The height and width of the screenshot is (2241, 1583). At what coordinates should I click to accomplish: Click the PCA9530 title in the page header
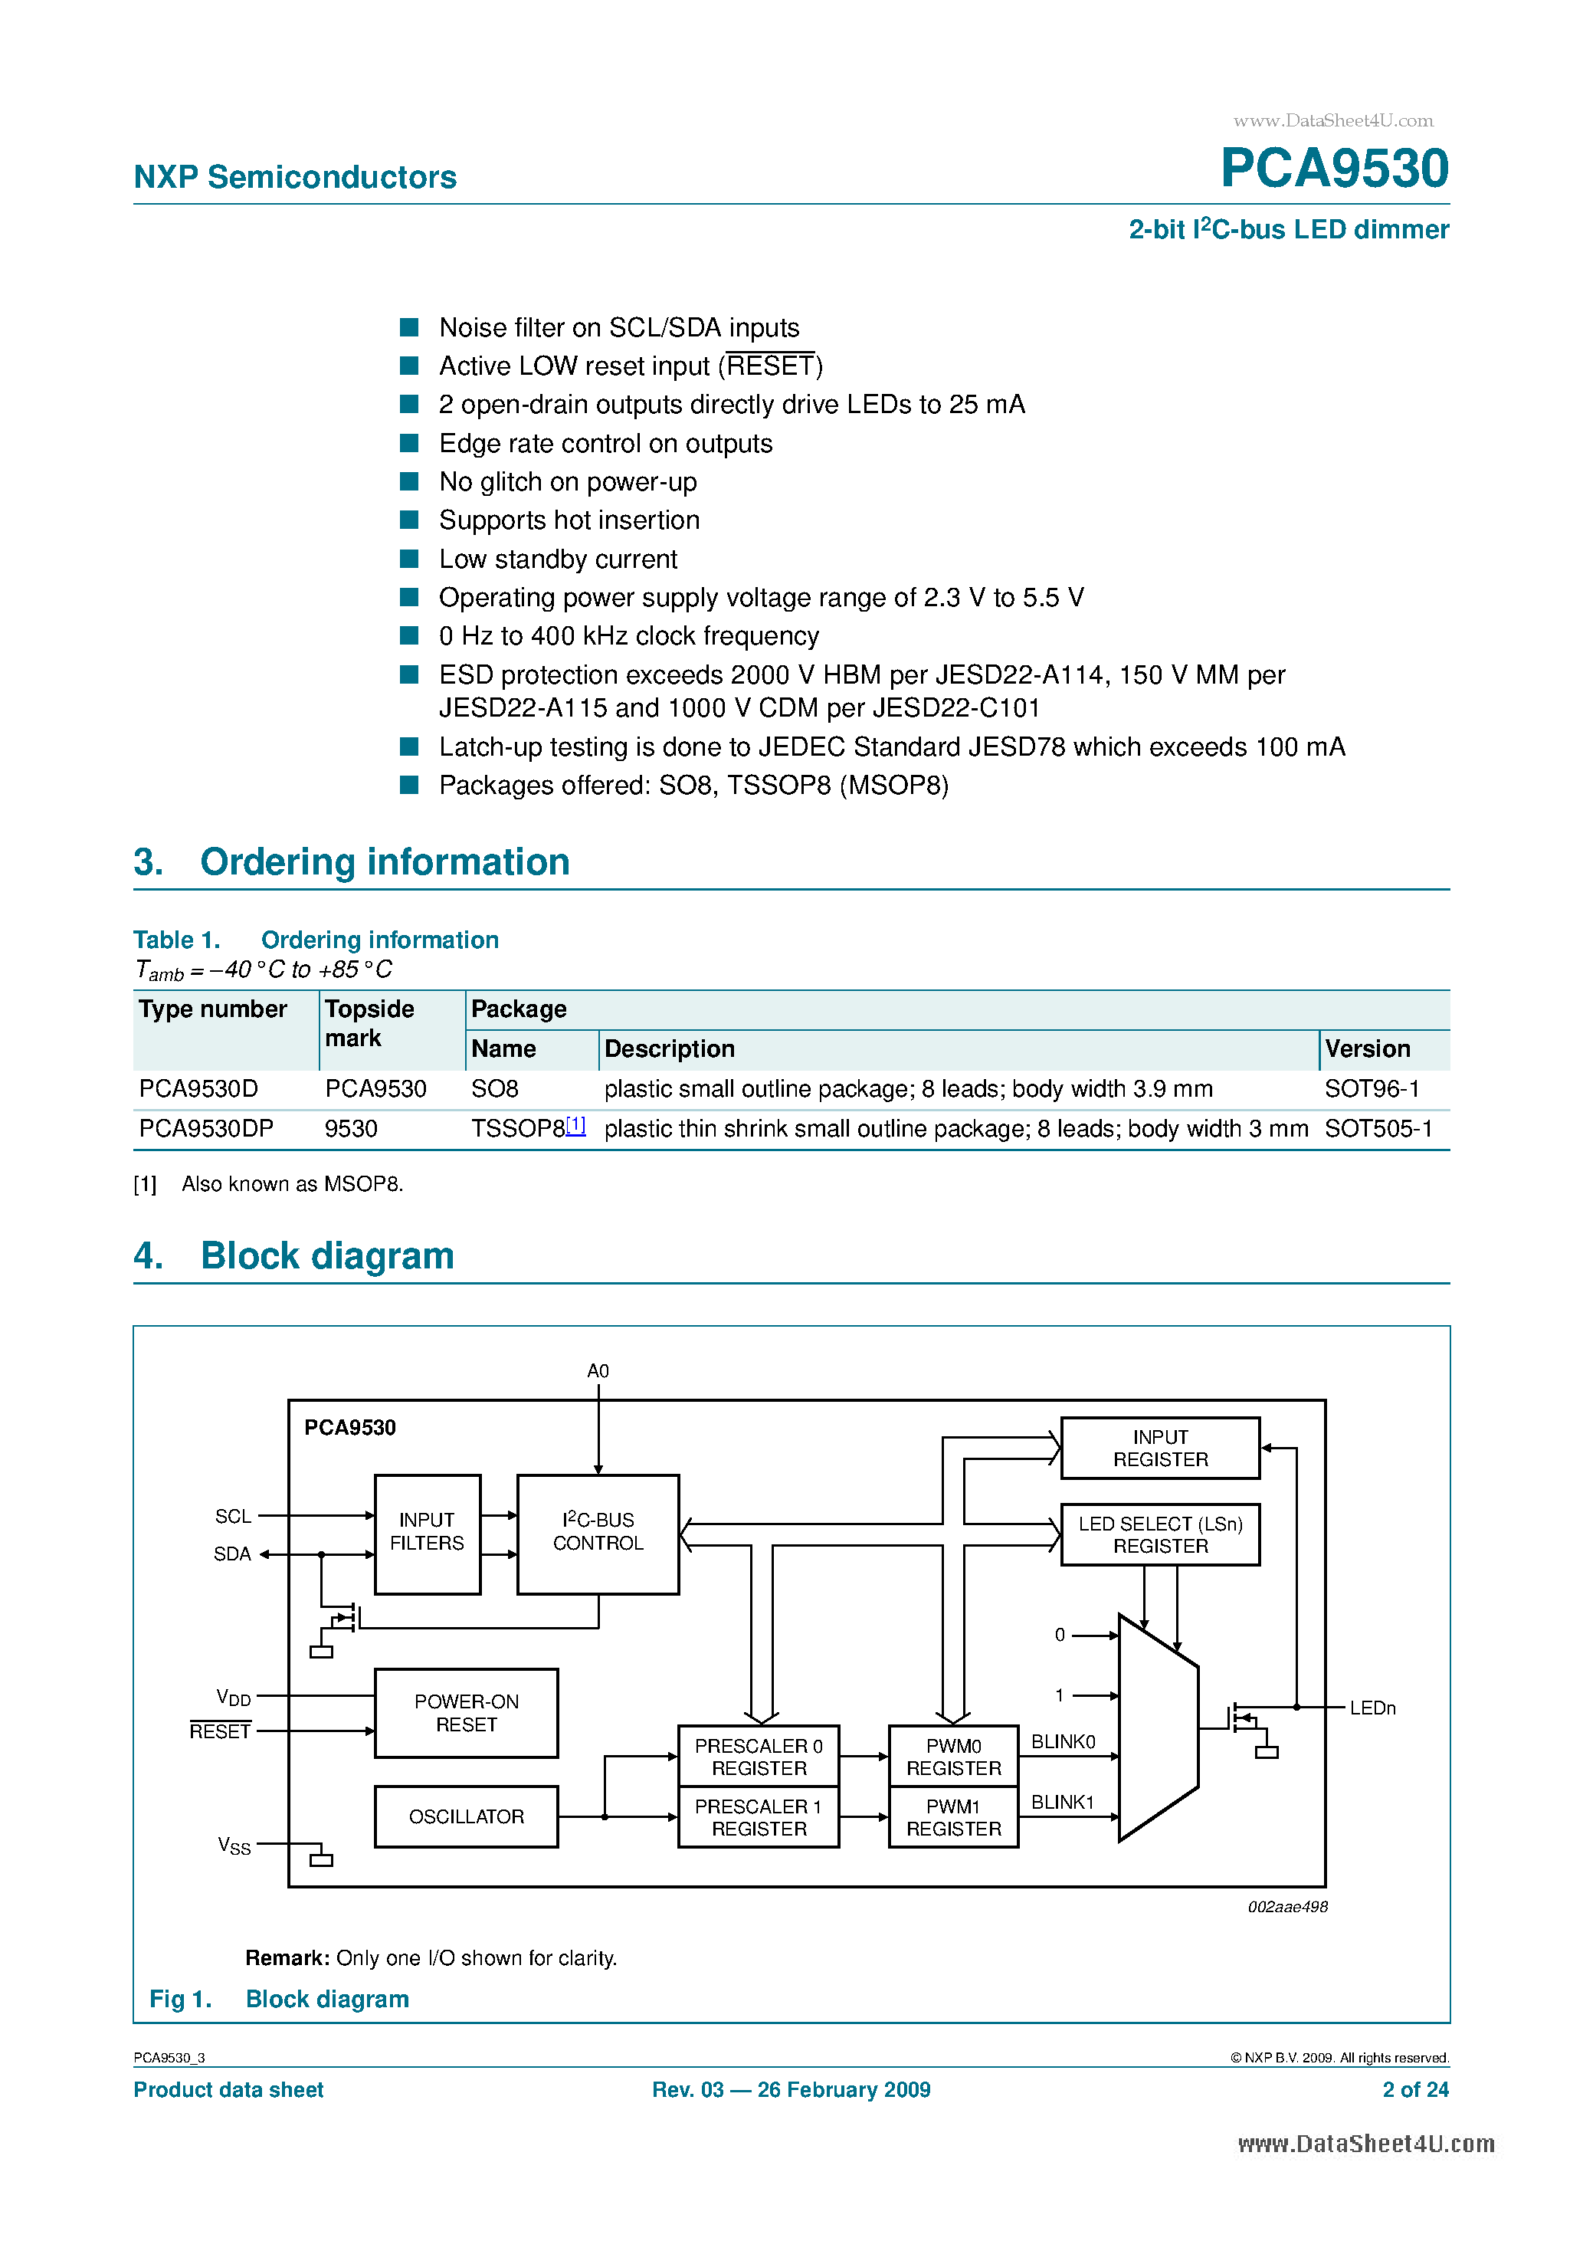1333,168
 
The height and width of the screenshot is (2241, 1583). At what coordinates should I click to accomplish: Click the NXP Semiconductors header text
295,177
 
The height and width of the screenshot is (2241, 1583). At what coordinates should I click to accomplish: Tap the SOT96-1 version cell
1372,1088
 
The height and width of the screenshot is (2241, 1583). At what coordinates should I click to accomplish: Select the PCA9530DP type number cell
206,1128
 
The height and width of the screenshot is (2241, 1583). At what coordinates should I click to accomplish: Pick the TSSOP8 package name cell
517,1128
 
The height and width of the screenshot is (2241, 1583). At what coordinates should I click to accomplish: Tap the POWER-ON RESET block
467,1713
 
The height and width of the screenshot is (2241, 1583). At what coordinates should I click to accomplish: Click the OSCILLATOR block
467,1816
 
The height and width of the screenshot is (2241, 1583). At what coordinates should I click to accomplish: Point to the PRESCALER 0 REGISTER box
759,1757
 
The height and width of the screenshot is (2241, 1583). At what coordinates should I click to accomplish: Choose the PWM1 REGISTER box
953,1817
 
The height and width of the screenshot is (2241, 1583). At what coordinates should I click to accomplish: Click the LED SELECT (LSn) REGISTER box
1159,1534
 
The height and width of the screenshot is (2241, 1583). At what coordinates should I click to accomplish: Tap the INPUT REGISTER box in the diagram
1159,1449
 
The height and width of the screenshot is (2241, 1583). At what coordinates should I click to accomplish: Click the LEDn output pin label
1372,1708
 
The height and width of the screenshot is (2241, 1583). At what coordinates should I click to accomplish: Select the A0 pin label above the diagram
598,1371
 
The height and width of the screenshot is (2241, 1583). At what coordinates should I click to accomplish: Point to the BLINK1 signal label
1062,1802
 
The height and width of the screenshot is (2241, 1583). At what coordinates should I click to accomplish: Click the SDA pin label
232,1554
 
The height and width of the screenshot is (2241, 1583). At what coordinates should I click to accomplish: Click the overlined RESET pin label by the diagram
220,1731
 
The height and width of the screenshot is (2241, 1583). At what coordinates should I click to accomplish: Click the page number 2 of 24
1414,2090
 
